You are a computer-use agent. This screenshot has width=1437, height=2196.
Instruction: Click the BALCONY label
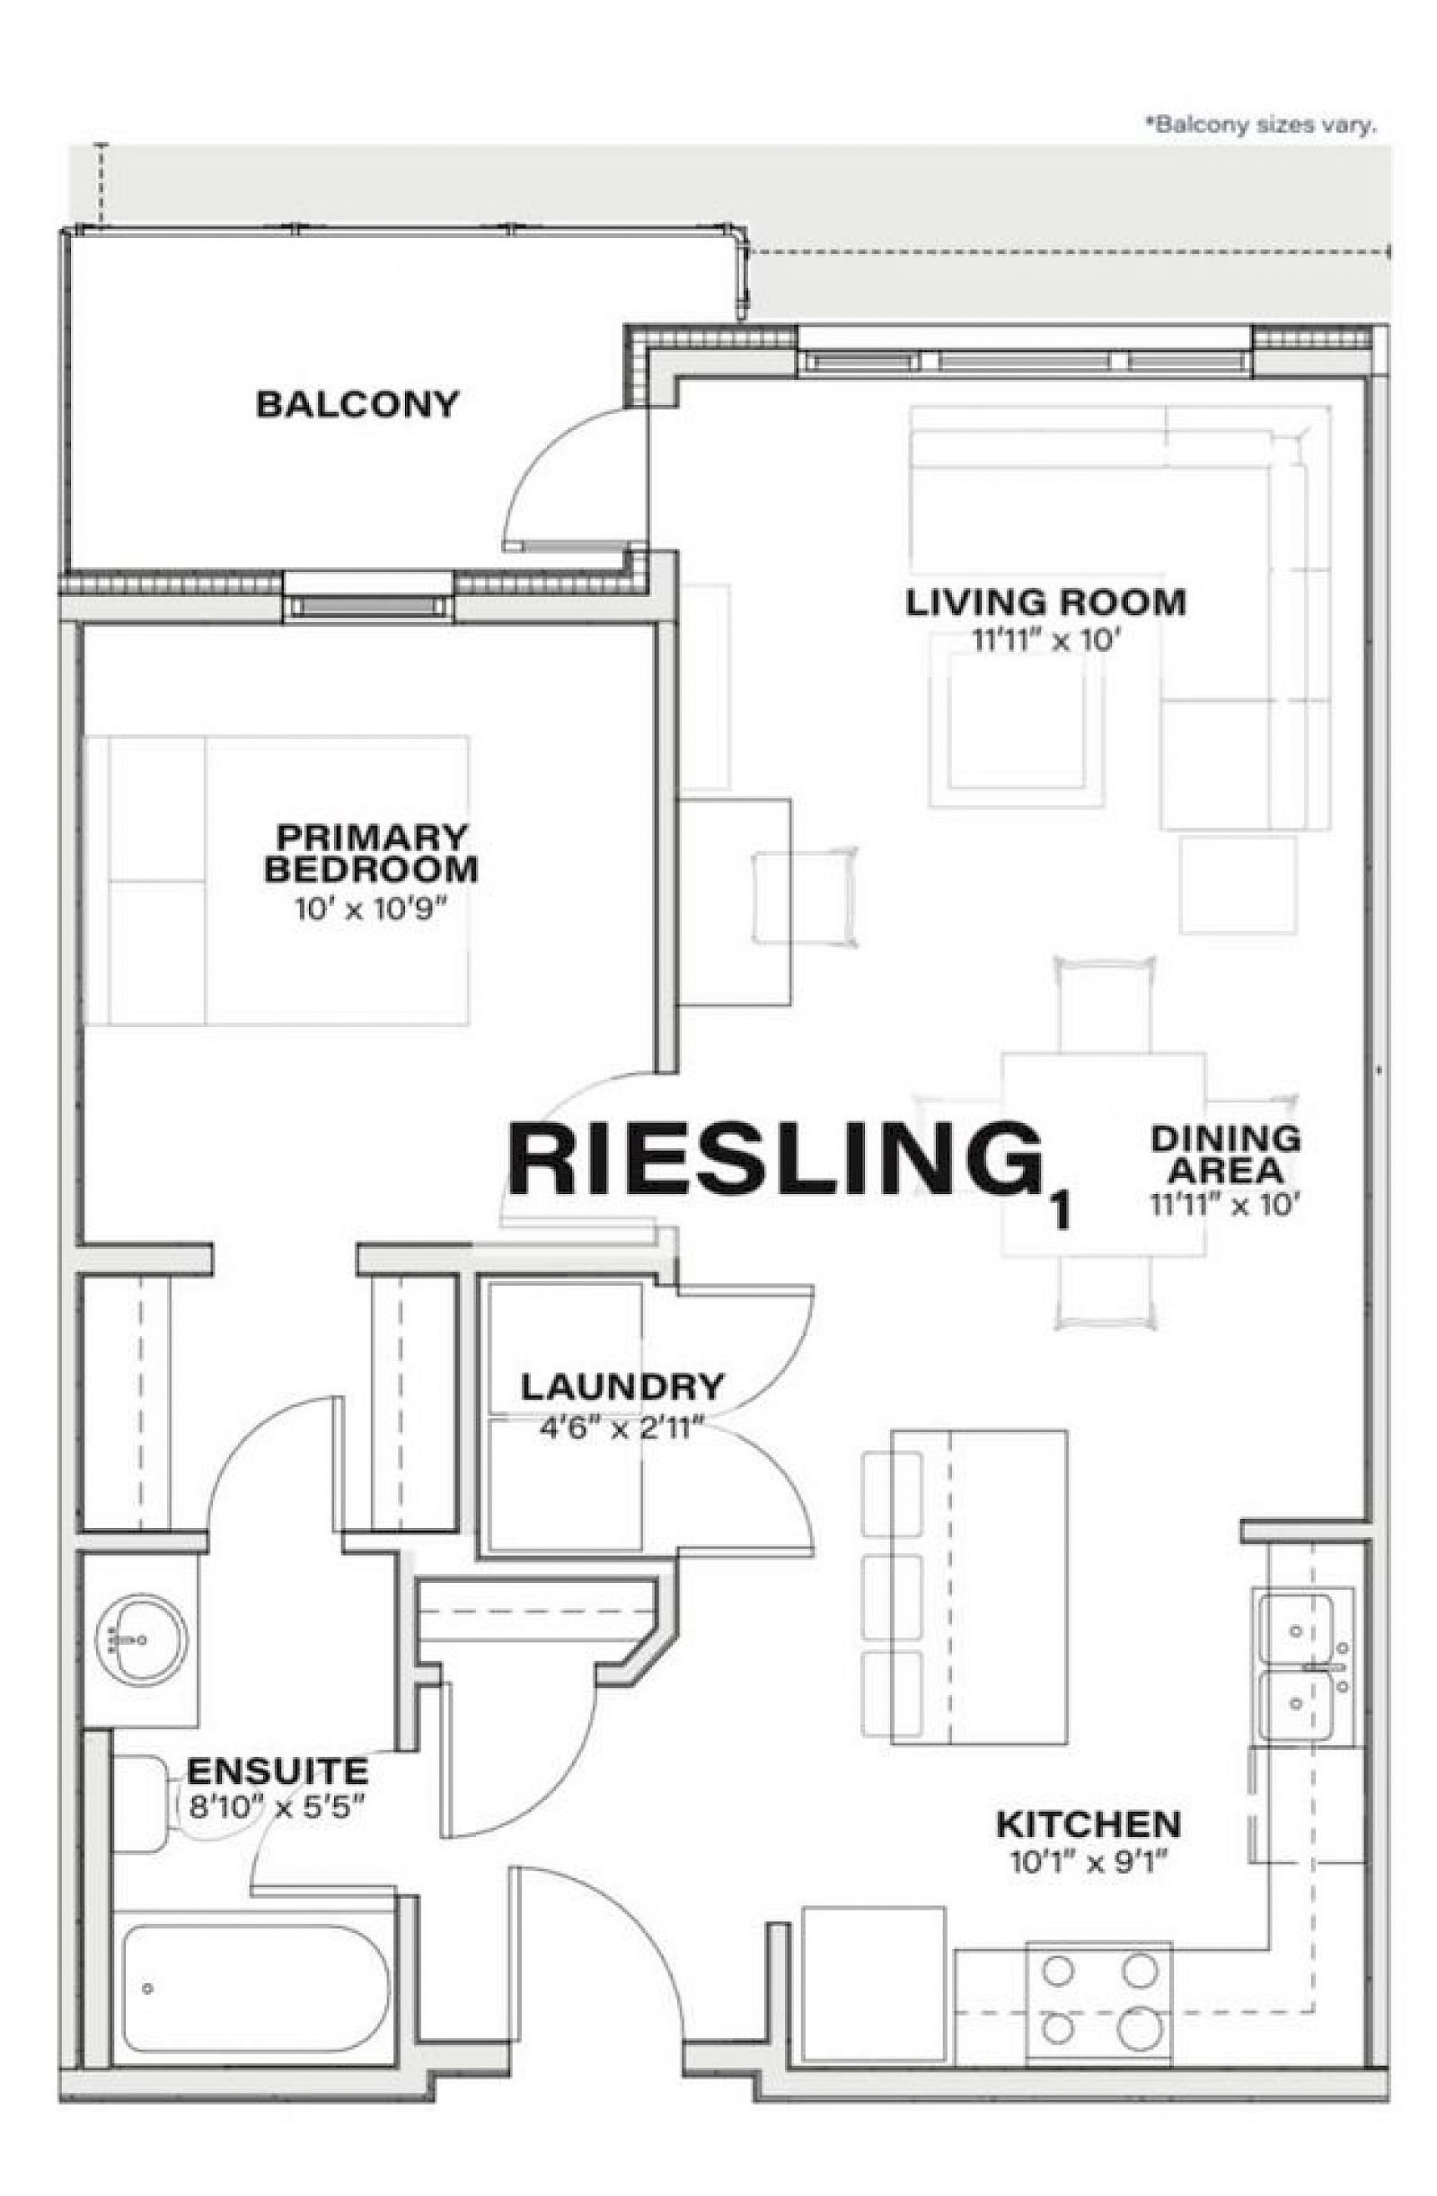click(357, 404)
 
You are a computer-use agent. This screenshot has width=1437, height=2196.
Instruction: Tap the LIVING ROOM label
click(1045, 602)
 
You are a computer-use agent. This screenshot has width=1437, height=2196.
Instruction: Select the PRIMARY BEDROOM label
click(371, 854)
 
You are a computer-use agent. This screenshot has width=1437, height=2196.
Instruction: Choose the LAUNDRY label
click(622, 1387)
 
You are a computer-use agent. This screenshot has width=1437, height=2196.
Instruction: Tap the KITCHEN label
click(1089, 1824)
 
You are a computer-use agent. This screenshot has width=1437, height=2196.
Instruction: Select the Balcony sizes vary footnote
click(1261, 125)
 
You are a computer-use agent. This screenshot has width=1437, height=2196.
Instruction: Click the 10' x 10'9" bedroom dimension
click(372, 909)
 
